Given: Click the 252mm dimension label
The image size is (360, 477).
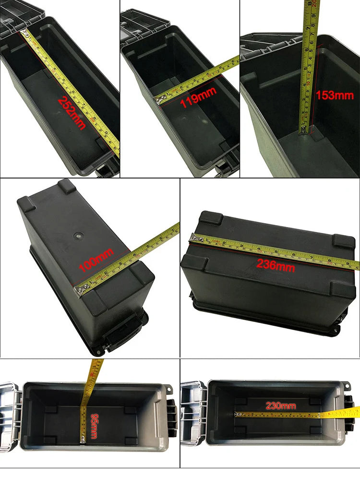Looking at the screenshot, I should point(72,113).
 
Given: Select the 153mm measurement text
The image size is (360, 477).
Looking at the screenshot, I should point(335,95).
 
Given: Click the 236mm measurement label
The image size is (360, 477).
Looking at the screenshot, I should point(276,264).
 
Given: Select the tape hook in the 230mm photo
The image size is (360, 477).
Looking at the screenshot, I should point(236,414).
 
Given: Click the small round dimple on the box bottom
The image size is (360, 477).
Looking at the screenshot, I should point(78,236).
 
